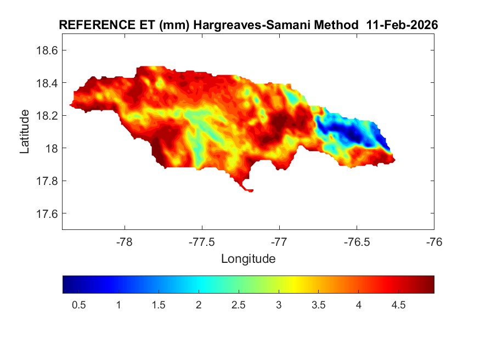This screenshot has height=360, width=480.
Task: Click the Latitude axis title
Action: pyautogui.click(x=25, y=131)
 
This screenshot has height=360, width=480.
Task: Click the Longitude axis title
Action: pyautogui.click(x=248, y=258)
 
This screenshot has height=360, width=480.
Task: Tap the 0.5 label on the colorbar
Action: pyautogui.click(x=78, y=305)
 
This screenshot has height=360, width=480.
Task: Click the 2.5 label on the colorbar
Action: pyautogui.click(x=238, y=305)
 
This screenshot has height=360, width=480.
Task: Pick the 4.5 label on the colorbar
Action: pyautogui.click(x=398, y=305)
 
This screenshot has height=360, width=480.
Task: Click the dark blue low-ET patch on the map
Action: pyautogui.click(x=346, y=132)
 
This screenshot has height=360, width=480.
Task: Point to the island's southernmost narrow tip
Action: pyautogui.click(x=250, y=190)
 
